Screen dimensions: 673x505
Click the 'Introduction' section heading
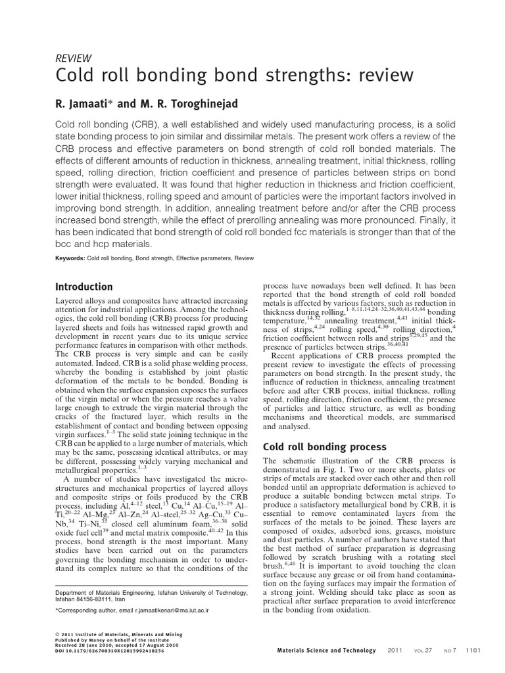click(x=84, y=287)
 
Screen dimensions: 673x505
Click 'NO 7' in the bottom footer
click(x=450, y=651)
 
